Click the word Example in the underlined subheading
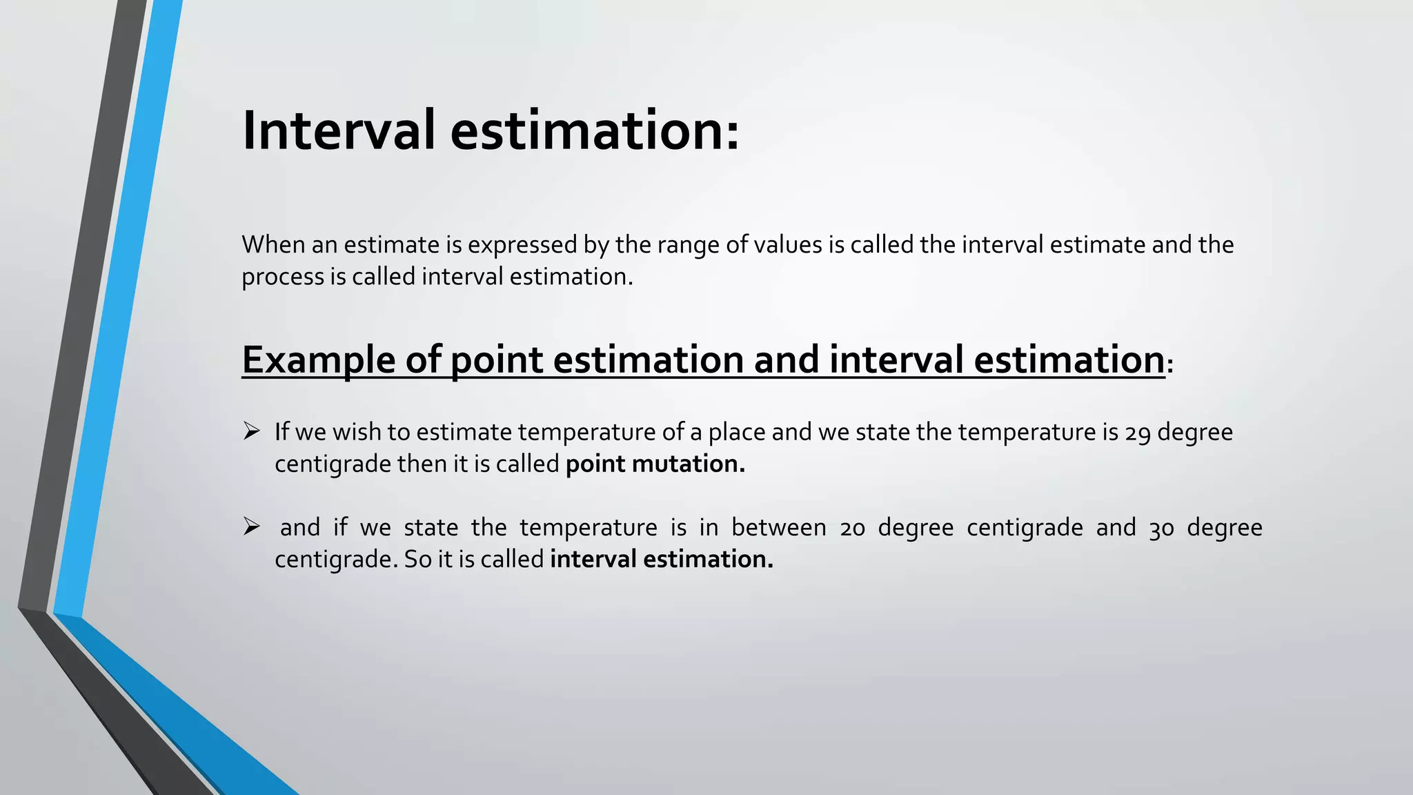pos(318,360)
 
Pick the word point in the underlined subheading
pos(496,360)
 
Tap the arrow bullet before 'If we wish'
pos(251,432)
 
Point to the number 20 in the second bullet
pos(852,529)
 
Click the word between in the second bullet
pos(778,528)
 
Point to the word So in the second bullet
pos(418,560)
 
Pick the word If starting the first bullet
pos(281,433)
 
